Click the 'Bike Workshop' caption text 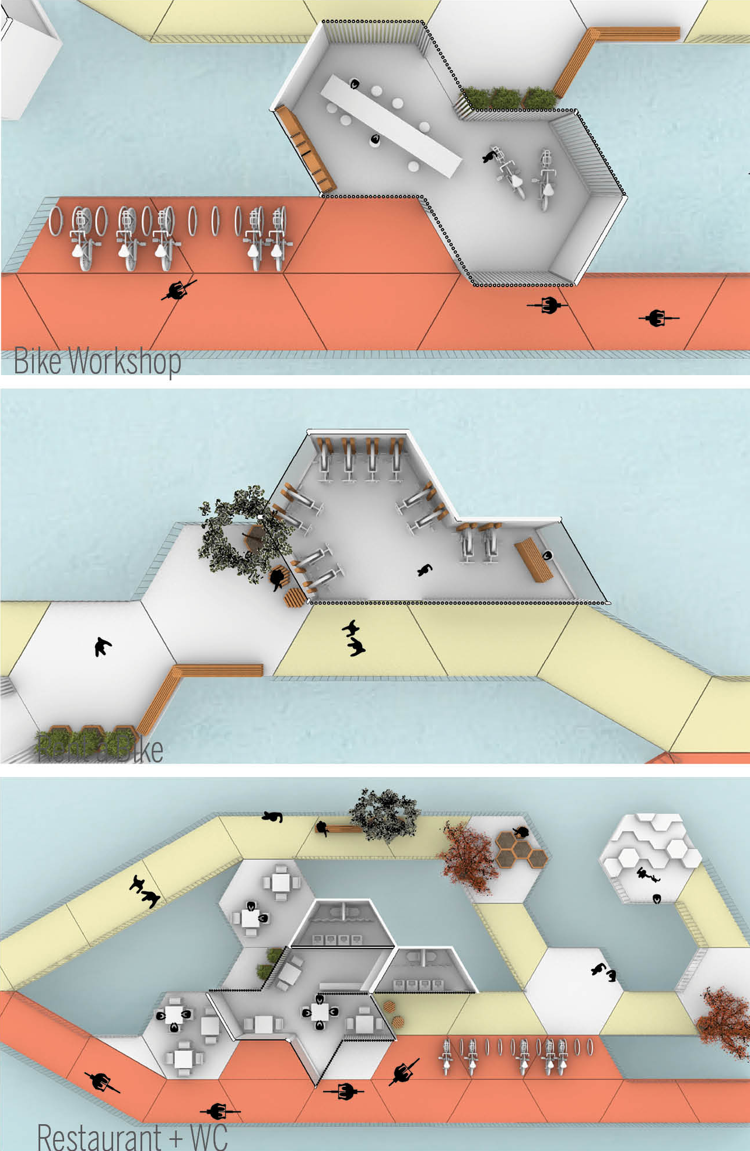tap(97, 361)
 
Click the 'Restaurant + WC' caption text tap(132, 1136)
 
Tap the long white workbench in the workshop tap(390, 124)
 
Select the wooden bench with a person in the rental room tap(533, 559)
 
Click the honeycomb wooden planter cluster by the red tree tap(520, 849)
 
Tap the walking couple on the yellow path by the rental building tap(353, 638)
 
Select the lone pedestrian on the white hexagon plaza tap(103, 646)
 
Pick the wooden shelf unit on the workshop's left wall tap(305, 148)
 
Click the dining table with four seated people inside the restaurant tap(320, 1012)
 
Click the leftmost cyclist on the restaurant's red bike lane tap(101, 1082)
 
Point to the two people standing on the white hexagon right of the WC tap(604, 972)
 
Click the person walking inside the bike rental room tap(425, 570)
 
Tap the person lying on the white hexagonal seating tap(647, 875)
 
